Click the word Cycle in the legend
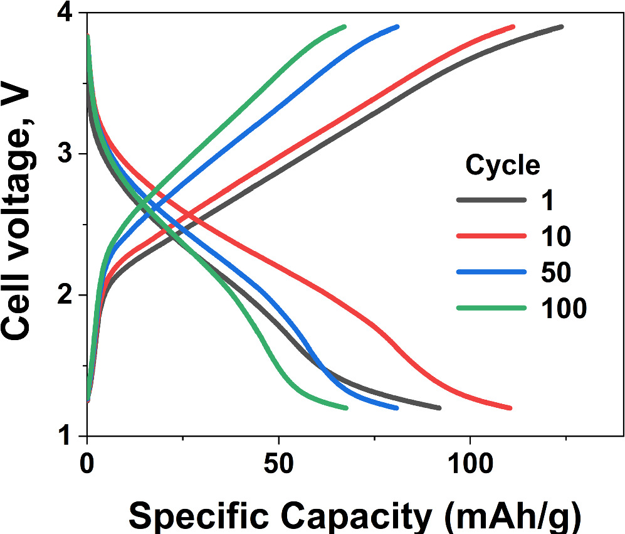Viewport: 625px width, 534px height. [502, 166]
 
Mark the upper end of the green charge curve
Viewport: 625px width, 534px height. [344, 27]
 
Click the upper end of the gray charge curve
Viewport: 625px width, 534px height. [561, 27]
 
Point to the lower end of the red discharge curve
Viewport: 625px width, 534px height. [510, 408]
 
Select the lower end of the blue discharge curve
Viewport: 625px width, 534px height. [396, 408]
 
